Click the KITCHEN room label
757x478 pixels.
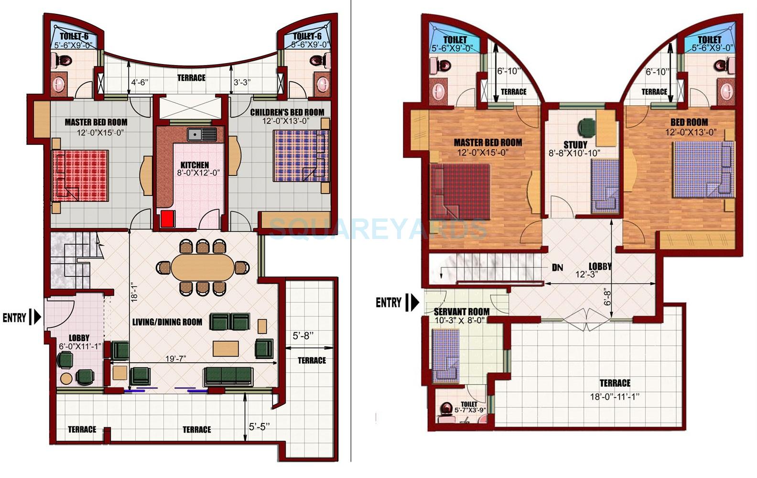[195, 165]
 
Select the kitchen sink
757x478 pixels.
[201, 134]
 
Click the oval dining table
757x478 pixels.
[203, 267]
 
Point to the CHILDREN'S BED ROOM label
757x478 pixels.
[287, 112]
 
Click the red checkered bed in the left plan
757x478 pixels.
[80, 175]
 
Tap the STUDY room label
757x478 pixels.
[575, 144]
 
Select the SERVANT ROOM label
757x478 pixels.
[461, 312]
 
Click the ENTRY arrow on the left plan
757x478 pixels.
[34, 317]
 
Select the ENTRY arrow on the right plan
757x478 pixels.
[412, 302]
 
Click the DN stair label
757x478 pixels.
[557, 267]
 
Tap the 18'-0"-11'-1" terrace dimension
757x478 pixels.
[614, 396]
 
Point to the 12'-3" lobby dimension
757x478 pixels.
[586, 275]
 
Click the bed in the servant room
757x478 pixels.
[446, 357]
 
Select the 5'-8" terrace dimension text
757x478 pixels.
[303, 336]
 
